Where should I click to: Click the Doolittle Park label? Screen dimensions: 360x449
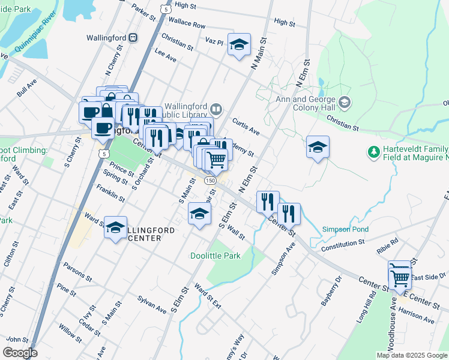click(x=215, y=256)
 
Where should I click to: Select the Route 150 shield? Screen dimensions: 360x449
click(x=210, y=180)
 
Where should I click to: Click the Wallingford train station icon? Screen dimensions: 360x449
click(x=133, y=37)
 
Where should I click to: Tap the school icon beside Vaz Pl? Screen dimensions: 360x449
click(x=239, y=45)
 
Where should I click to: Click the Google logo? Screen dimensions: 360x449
click(x=20, y=353)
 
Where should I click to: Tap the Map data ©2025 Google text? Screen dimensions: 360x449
click(x=411, y=355)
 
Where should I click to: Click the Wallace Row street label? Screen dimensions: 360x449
click(x=187, y=26)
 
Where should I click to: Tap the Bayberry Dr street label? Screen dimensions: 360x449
click(x=330, y=290)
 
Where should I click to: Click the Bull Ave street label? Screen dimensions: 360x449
click(x=27, y=91)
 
